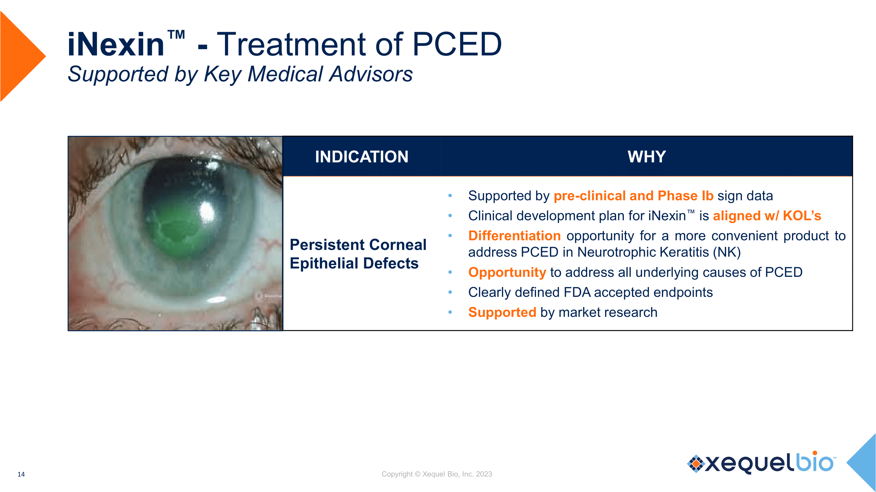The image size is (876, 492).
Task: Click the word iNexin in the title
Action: [116, 44]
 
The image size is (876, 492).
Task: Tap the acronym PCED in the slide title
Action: [457, 44]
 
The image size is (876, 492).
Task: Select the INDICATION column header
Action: [362, 156]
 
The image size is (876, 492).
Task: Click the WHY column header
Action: [647, 156]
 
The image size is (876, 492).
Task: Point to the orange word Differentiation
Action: [514, 236]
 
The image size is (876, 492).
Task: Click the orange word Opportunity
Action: [507, 272]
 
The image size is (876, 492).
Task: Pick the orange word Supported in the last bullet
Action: [502, 312]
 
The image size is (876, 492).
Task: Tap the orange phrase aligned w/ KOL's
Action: [767, 215]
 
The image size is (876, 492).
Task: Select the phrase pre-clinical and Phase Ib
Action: [634, 196]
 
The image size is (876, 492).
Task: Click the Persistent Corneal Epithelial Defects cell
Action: [358, 254]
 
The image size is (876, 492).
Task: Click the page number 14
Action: [21, 474]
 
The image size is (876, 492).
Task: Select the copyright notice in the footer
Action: [437, 474]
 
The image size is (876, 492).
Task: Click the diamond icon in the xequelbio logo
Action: [696, 463]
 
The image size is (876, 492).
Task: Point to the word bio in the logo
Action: [815, 462]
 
